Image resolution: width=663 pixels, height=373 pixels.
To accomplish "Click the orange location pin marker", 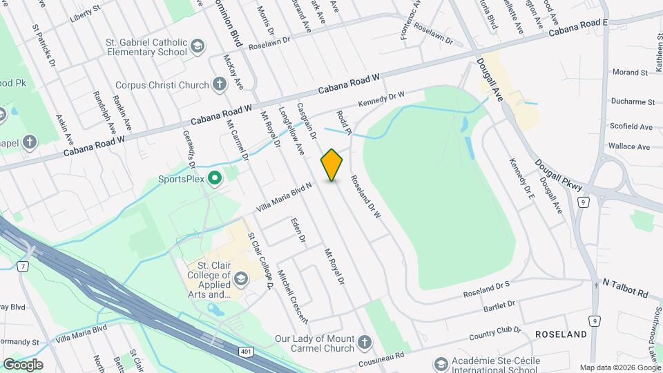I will click(331, 165).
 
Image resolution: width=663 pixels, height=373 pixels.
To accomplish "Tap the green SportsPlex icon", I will click(215, 179).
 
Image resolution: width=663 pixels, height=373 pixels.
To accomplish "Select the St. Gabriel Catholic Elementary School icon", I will click(198, 46).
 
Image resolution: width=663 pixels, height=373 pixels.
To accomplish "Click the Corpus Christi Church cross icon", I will click(220, 85).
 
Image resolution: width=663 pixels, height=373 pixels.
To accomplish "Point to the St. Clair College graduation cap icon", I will click(241, 279).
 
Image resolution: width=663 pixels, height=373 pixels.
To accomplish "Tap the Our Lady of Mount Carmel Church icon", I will click(365, 342).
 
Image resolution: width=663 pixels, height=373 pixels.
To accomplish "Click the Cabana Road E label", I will click(578, 28).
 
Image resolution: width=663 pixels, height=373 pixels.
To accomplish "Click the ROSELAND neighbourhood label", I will click(561, 334).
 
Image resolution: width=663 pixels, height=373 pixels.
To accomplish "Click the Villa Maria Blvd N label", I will click(285, 197).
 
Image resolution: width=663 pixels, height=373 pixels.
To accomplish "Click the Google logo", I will click(23, 364).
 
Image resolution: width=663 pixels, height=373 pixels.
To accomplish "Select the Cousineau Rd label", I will click(380, 360).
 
